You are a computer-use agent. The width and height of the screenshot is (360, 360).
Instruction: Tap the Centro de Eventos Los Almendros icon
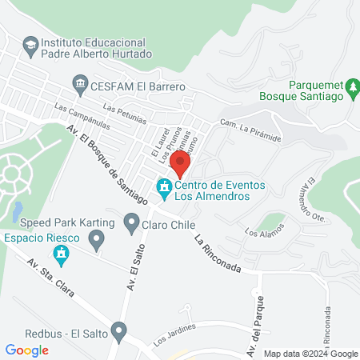[164, 190]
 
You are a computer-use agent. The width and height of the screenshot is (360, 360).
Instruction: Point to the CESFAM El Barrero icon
[79, 82]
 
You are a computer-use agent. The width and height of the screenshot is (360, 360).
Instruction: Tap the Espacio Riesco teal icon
[59, 255]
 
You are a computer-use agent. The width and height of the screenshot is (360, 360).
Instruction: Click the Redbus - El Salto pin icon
[119, 330]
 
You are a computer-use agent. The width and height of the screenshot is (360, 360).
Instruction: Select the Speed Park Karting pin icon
[96, 238]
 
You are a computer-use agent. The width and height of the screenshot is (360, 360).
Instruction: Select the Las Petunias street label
[125, 114]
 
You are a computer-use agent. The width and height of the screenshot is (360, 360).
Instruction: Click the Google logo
[26, 350]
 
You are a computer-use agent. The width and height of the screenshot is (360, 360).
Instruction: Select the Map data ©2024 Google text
[311, 354]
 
